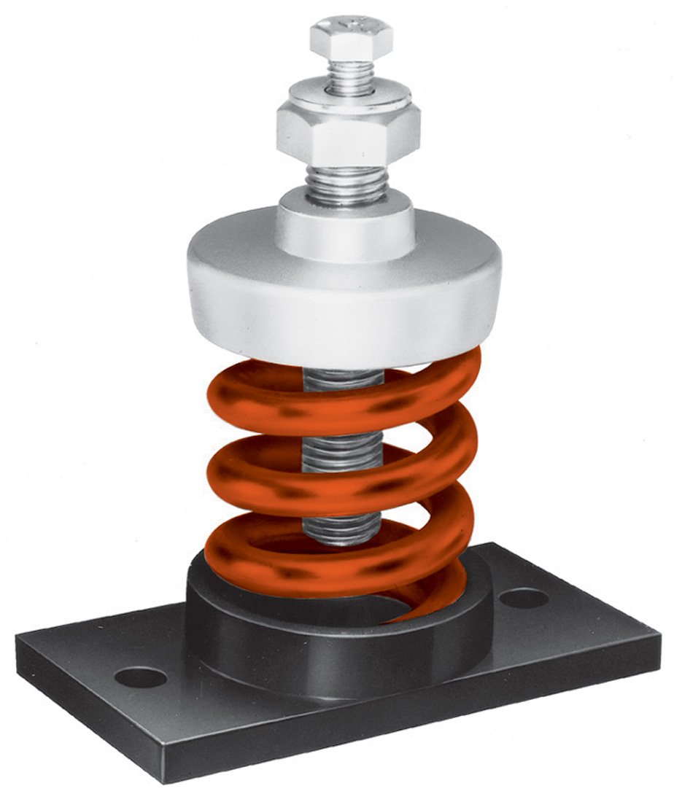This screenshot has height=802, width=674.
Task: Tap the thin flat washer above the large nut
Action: [x=349, y=93]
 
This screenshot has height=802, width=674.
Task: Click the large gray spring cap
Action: [x=343, y=299]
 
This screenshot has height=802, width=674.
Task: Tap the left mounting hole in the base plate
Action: [x=141, y=677]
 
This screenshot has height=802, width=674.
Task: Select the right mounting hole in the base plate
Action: [x=524, y=598]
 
